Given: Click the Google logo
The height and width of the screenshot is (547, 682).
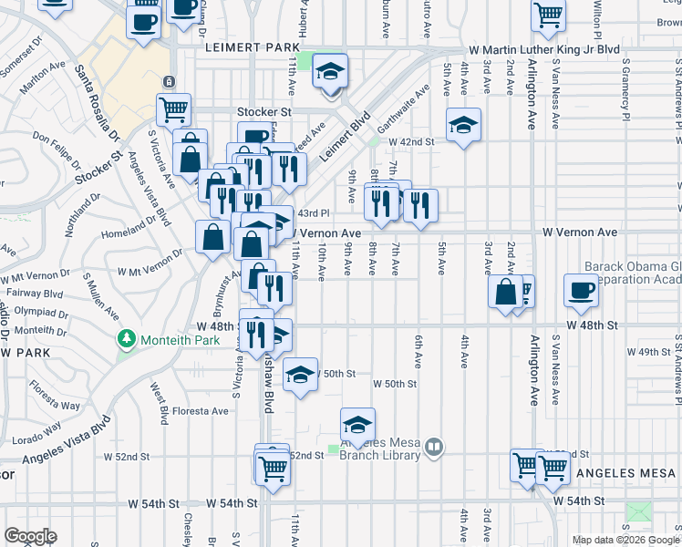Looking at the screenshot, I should pyautogui.click(x=30, y=536).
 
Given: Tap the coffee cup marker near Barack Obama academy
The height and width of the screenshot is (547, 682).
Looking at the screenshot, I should pyautogui.click(x=581, y=290).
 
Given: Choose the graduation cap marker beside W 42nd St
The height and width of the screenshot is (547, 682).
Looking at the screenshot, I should pyautogui.click(x=463, y=125).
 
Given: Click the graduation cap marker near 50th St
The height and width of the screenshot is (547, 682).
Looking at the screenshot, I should pyautogui.click(x=300, y=374).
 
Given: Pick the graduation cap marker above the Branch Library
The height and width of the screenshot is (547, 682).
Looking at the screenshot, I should pyautogui.click(x=357, y=424).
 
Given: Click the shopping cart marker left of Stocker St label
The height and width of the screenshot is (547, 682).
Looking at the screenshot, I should pyautogui.click(x=173, y=109).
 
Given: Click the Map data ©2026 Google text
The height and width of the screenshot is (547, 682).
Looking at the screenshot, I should pyautogui.click(x=625, y=540).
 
